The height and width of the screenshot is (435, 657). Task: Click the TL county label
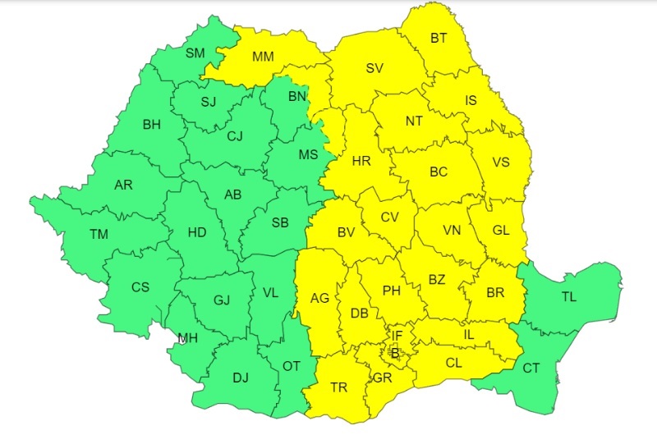tap(568, 297)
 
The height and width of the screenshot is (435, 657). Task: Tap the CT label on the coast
tap(531, 368)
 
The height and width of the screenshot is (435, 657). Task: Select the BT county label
tap(440, 38)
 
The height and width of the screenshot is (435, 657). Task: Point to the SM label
tap(195, 53)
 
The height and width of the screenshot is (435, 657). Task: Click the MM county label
tap(263, 57)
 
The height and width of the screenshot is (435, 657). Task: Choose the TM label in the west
tap(99, 235)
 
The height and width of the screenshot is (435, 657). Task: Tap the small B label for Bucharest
tap(394, 353)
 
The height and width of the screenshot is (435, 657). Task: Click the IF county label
tap(397, 335)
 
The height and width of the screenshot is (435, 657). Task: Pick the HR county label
tap(361, 161)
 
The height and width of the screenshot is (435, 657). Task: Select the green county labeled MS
tap(308, 154)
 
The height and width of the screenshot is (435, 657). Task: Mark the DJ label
tap(240, 378)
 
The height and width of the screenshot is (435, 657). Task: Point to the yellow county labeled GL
tap(501, 230)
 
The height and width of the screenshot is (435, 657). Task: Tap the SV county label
tap(374, 68)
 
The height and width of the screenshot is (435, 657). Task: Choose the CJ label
tap(236, 136)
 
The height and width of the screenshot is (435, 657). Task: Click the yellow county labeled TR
tap(338, 387)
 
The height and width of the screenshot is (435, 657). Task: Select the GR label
tap(382, 378)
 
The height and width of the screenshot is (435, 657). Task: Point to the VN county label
tap(452, 230)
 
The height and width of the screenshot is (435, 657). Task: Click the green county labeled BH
tap(152, 125)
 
